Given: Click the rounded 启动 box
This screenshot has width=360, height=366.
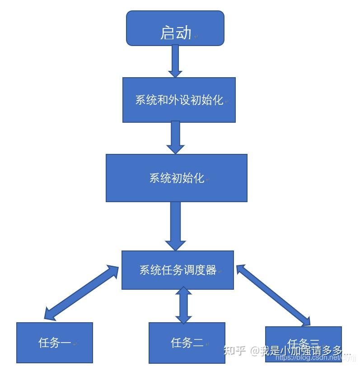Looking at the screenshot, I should click(175, 28).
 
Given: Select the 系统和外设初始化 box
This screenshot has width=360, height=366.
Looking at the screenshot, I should click(179, 100).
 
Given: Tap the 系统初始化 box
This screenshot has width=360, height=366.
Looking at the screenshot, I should click(176, 178).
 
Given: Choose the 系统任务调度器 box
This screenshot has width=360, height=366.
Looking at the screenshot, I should click(178, 270).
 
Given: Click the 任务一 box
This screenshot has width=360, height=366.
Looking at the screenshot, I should click(55, 343).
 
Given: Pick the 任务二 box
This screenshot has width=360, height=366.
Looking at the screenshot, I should click(187, 343).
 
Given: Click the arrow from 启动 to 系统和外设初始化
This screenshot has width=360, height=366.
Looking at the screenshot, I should click(175, 60).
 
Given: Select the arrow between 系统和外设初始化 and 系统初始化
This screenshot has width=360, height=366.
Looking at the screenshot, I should click(175, 137).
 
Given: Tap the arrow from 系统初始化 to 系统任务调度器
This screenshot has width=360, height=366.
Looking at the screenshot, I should click(175, 226).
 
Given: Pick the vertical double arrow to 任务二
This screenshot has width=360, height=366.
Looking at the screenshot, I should click(183, 305).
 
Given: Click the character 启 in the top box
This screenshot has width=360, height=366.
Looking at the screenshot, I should click(168, 32).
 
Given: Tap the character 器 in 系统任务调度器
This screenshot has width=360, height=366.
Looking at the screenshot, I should click(211, 270).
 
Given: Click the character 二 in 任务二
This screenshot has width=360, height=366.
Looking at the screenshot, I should click(198, 343).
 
